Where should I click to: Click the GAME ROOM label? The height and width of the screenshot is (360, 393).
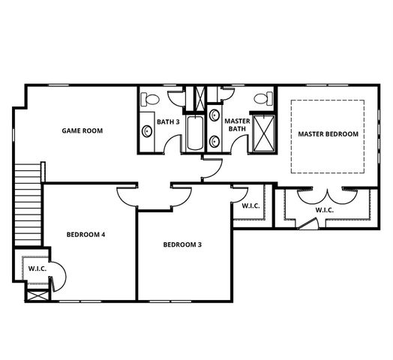click(82, 130)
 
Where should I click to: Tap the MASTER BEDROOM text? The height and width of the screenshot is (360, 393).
click(328, 134)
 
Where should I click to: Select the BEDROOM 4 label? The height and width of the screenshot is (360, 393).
click(85, 235)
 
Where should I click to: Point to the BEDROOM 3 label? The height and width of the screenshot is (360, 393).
click(182, 244)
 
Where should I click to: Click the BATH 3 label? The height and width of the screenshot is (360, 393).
click(167, 122)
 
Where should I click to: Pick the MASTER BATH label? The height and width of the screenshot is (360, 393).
click(237, 124)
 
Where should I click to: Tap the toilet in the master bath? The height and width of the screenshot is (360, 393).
click(262, 98)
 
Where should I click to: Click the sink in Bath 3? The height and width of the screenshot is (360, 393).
click(147, 131)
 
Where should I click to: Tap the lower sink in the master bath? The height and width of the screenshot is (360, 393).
click(215, 140)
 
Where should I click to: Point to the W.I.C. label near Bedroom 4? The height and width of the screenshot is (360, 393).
click(37, 268)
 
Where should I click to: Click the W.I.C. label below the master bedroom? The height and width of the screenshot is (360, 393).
click(324, 210)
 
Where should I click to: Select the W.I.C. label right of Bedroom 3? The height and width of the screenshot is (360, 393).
click(250, 205)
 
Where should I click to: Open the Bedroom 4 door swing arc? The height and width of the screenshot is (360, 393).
click(127, 195)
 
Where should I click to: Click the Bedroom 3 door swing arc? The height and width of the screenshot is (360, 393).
click(181, 194)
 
